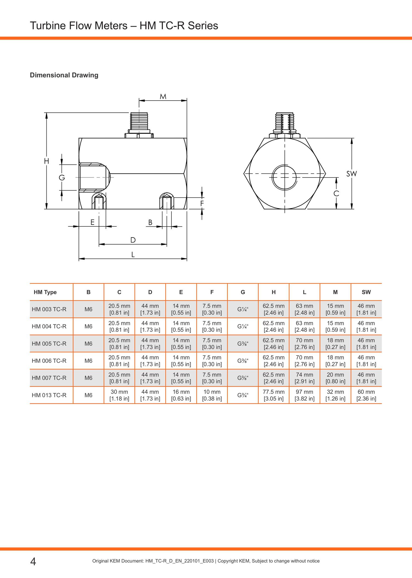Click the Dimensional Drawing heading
pos(64,75)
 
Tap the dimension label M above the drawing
pos(163,96)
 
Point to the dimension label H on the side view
pos(46,161)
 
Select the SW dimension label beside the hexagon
pos(351,174)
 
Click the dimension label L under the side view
pos(133,255)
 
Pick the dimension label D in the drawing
pos(133,240)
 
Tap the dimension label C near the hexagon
pos(336,193)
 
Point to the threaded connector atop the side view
pos(139,125)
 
